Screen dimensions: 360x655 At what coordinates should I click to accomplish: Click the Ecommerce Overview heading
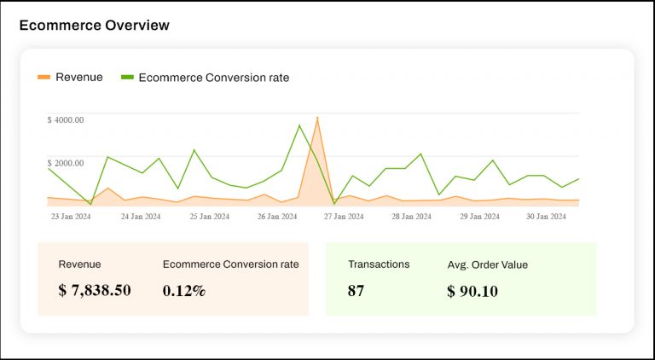[94, 26]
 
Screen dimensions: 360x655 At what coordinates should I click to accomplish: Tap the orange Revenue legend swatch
[43, 78]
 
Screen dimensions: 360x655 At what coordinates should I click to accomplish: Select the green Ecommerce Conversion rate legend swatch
[127, 78]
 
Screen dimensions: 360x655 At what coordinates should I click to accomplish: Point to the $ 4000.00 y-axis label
[66, 120]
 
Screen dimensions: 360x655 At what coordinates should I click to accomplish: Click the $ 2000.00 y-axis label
[66, 163]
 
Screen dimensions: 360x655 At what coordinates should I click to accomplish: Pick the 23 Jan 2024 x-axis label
[72, 217]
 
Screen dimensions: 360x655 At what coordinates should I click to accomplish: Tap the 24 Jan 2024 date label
[141, 217]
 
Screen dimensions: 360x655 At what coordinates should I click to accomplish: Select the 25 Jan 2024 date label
[210, 217]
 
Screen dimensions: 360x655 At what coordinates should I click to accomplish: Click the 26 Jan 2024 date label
[277, 217]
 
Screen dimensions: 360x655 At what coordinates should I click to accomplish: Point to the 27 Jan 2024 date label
[344, 217]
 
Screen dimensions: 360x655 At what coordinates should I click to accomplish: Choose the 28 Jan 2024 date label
[412, 217]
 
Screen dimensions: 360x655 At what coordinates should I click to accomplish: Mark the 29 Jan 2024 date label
[480, 217]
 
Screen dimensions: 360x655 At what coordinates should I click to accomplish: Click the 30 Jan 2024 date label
[546, 217]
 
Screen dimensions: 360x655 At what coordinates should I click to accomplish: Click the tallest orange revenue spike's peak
[317, 119]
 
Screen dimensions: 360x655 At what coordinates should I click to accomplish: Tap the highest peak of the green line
[299, 125]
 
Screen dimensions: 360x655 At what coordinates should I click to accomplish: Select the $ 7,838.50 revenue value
[95, 290]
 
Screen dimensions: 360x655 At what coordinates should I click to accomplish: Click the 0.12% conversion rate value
[184, 290]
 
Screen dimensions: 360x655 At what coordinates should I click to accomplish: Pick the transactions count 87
[356, 290]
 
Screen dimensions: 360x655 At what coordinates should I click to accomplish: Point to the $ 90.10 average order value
[472, 291]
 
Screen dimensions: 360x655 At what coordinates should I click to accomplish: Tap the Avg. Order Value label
[487, 264]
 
